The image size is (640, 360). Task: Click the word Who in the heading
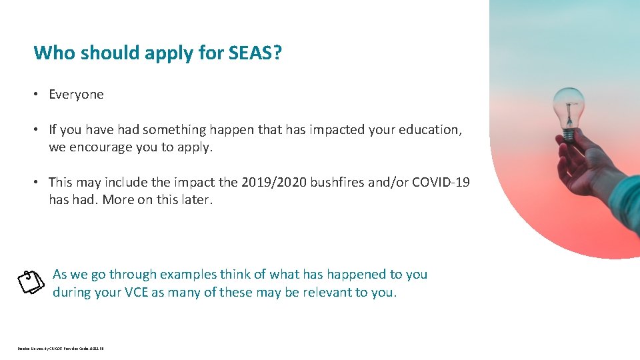[54, 53]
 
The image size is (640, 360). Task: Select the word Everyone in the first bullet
[76, 95]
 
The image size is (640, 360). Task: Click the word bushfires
[337, 182]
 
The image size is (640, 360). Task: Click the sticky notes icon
[31, 282]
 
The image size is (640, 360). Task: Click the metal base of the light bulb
[568, 134]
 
